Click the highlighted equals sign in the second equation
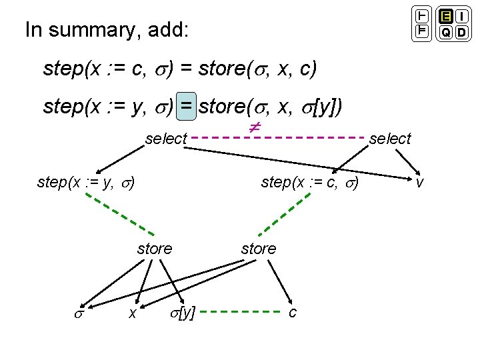tap(186, 105)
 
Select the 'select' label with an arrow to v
tap(390, 139)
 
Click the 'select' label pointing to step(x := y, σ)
tap(166, 139)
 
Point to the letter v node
tap(419, 181)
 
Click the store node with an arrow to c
tap(258, 249)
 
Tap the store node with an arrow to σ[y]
tap(154, 249)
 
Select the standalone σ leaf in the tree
tap(79, 312)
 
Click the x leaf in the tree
tap(133, 312)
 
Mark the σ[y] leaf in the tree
tap(182, 311)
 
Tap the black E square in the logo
tap(445, 17)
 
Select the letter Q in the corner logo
tap(445, 32)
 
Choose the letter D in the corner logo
tap(463, 32)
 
